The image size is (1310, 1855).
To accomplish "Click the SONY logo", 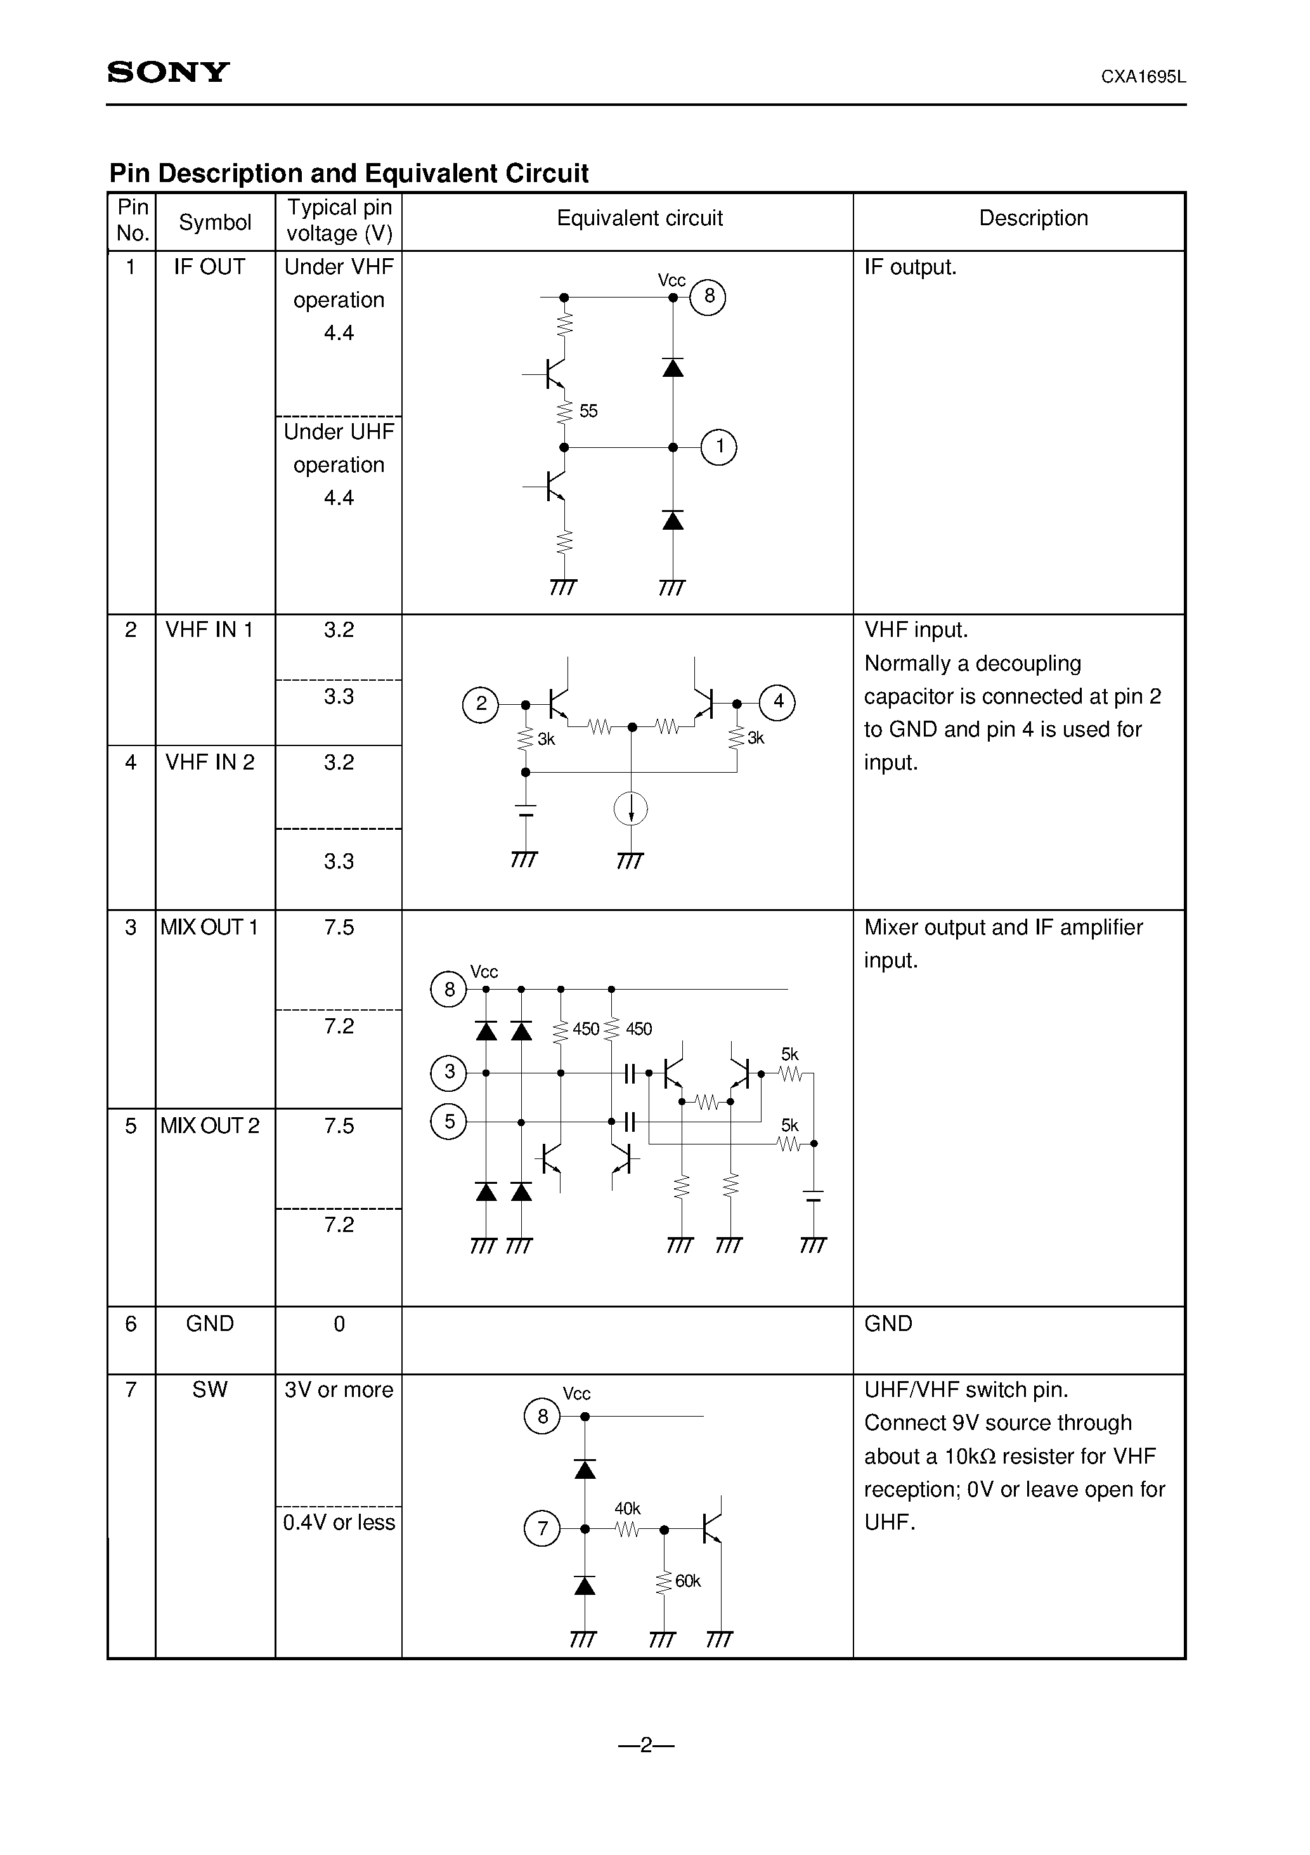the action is pyautogui.click(x=168, y=73).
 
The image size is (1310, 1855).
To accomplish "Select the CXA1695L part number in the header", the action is pyautogui.click(x=1143, y=77).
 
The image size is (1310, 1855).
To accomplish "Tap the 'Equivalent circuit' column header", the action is pyautogui.click(x=639, y=218).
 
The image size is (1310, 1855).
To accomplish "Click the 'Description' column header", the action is pyautogui.click(x=1033, y=218).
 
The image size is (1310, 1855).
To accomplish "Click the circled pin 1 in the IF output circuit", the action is pyautogui.click(x=718, y=447).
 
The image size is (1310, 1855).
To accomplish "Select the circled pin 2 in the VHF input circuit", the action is pyautogui.click(x=481, y=704).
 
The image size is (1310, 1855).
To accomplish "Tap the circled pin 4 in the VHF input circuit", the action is pyautogui.click(x=778, y=702).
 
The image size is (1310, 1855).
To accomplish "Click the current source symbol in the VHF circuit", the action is pyautogui.click(x=631, y=809).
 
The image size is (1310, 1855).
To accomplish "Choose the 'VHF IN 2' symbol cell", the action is pyautogui.click(x=209, y=762).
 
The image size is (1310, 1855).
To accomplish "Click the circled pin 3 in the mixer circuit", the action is pyautogui.click(x=449, y=1072).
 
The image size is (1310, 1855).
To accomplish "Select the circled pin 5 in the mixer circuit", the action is pyautogui.click(x=449, y=1122).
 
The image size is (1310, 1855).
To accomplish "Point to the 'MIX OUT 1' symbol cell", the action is pyautogui.click(x=209, y=927).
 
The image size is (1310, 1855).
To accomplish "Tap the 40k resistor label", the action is pyautogui.click(x=628, y=1509).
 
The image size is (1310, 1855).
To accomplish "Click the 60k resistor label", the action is pyautogui.click(x=687, y=1581).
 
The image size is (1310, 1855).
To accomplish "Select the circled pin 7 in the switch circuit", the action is pyautogui.click(x=542, y=1528).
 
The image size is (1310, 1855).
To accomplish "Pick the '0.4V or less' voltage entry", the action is pyautogui.click(x=339, y=1522).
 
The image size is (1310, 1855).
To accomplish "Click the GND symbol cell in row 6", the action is pyautogui.click(x=209, y=1323).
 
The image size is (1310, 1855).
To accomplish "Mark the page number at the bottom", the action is pyautogui.click(x=646, y=1745).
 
